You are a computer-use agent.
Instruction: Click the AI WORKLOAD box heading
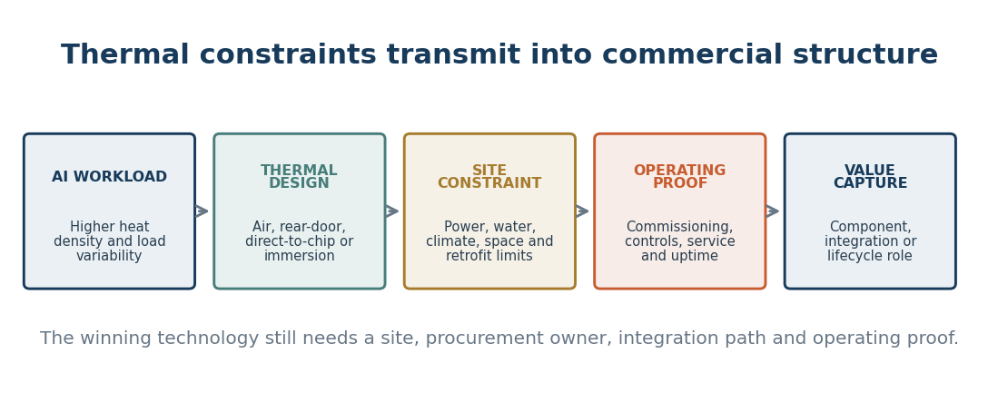[110, 177]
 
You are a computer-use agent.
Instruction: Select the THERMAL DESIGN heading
[299, 177]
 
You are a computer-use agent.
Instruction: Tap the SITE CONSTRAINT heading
[489, 177]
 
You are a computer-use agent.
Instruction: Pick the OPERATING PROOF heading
[680, 177]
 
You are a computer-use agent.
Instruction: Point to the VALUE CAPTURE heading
[870, 177]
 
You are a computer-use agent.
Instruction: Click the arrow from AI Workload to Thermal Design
[202, 211]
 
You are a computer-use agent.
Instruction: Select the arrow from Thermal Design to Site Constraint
[392, 211]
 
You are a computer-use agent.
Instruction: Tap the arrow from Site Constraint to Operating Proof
[582, 211]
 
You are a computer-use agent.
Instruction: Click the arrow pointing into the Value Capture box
[773, 211]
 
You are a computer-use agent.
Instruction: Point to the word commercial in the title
[693, 54]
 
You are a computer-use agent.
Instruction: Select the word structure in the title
[865, 54]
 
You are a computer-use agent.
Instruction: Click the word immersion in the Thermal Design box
[299, 256]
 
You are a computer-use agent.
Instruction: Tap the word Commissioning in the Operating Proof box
[678, 227]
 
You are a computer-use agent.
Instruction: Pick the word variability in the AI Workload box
[110, 256]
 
